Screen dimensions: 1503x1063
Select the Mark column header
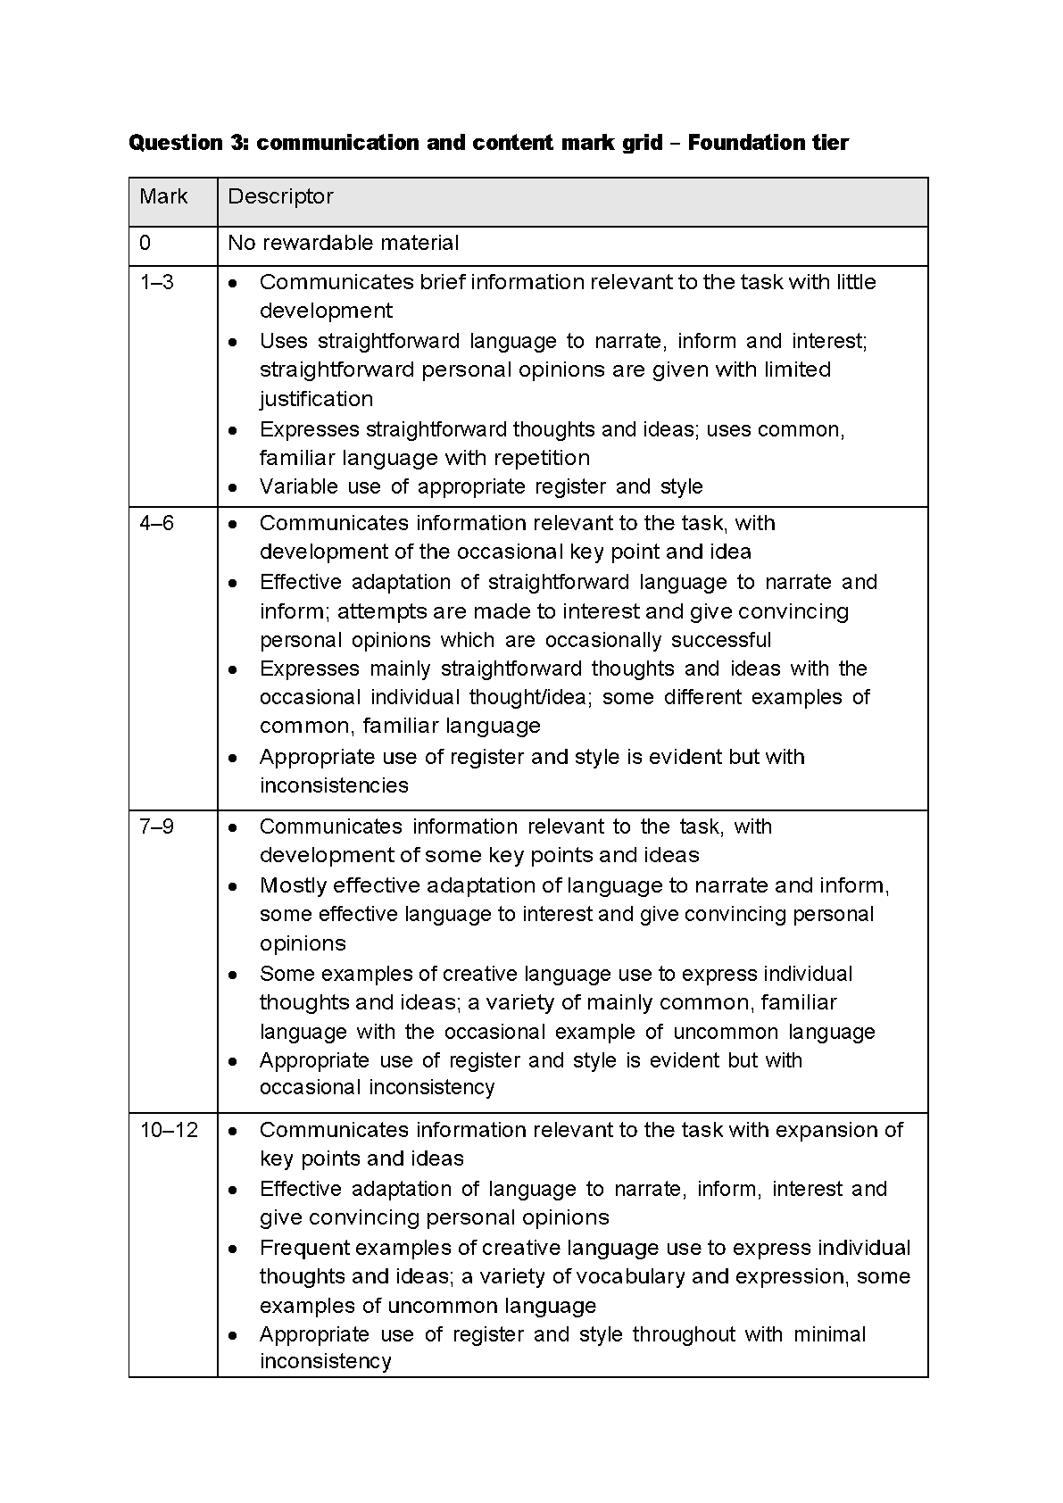[x=163, y=196]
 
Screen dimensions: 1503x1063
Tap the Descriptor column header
[x=280, y=196]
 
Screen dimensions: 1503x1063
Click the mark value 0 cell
[x=145, y=243]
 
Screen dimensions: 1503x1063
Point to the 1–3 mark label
[x=157, y=282]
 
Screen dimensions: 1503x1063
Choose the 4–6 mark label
[x=157, y=523]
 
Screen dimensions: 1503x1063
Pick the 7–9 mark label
[x=157, y=826]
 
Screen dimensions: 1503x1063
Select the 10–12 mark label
[x=169, y=1130]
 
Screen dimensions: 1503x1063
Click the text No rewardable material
[x=344, y=243]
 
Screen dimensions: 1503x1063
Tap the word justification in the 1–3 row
[x=316, y=399]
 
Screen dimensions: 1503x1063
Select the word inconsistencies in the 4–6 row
[x=334, y=785]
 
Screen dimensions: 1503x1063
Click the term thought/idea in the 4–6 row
[x=531, y=697]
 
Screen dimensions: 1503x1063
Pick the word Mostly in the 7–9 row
[x=293, y=885]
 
